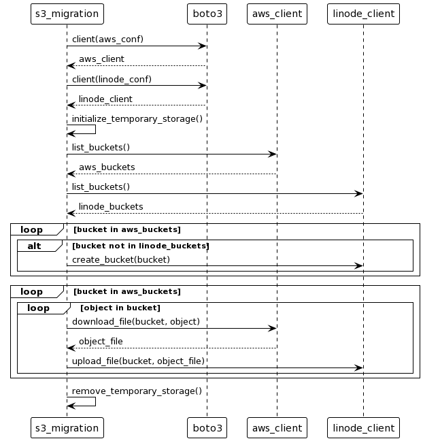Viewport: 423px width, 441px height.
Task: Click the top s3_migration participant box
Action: tap(67, 13)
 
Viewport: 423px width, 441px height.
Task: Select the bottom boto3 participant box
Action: tap(207, 427)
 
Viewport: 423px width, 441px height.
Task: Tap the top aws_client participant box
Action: tap(277, 13)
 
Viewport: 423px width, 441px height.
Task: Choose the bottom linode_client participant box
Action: tap(363, 427)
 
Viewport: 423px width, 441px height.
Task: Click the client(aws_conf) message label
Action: tap(107, 39)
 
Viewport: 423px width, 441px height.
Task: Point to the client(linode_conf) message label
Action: tap(112, 79)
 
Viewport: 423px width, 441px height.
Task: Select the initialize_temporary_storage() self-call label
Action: tap(137, 118)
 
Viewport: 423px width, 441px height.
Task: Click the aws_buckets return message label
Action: tap(107, 167)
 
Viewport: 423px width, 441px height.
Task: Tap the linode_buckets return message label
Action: tap(111, 207)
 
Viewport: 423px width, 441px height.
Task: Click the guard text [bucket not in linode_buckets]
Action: tap(141, 246)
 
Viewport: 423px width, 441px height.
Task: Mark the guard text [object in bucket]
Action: tap(120, 308)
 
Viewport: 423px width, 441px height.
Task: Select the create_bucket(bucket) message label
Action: tap(120, 259)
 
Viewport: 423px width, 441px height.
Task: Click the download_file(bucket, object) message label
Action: tap(135, 321)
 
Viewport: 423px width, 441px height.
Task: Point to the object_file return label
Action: tap(101, 341)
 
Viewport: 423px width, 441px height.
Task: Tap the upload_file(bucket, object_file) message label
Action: tap(138, 361)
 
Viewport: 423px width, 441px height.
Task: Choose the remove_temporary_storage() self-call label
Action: tap(137, 391)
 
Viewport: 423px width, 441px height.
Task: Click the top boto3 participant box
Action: tap(207, 13)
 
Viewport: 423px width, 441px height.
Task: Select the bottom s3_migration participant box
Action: tap(67, 427)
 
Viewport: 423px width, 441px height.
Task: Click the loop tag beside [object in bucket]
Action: tap(38, 308)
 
